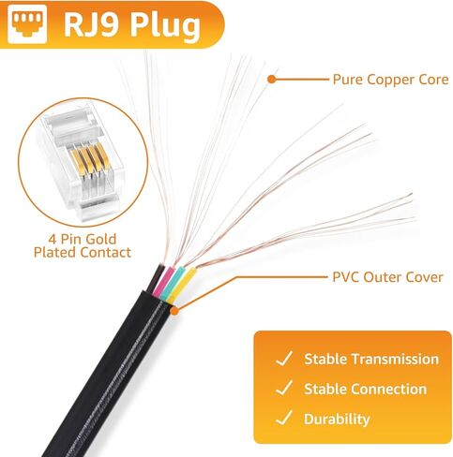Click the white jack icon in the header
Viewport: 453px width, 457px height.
click(x=27, y=23)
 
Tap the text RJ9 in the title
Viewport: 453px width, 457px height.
click(x=91, y=25)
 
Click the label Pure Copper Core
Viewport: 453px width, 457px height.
click(x=390, y=80)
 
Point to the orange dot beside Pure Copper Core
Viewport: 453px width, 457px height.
click(x=272, y=80)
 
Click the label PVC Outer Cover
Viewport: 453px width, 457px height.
click(x=387, y=277)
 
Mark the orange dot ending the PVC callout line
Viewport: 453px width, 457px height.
click(x=175, y=311)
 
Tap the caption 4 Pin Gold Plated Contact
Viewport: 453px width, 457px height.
click(x=83, y=246)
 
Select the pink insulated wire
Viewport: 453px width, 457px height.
click(x=162, y=282)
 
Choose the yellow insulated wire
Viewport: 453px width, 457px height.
click(x=182, y=286)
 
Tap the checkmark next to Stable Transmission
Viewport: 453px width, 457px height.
click(x=284, y=359)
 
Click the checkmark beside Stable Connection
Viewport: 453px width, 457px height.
click(x=284, y=388)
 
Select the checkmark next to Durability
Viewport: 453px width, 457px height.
click(x=284, y=418)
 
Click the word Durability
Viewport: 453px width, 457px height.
click(x=337, y=420)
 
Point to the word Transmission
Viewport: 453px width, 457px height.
click(x=396, y=359)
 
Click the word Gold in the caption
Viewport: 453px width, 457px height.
click(x=100, y=239)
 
